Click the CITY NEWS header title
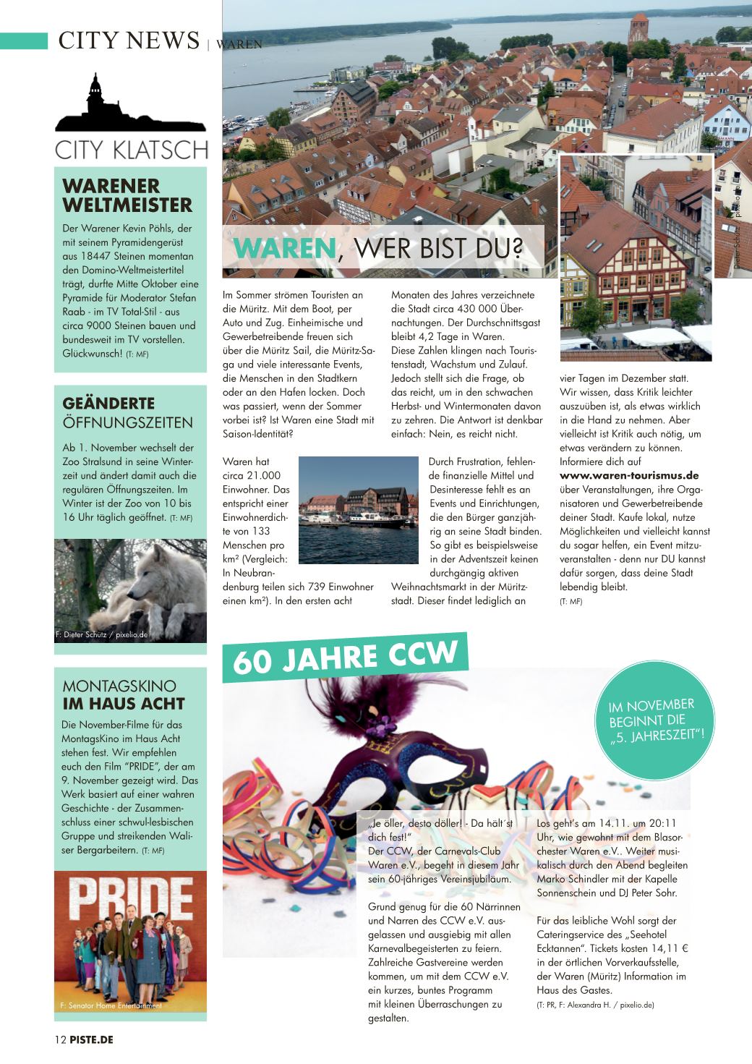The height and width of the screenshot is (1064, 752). click(129, 40)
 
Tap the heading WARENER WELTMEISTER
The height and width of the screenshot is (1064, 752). click(127, 195)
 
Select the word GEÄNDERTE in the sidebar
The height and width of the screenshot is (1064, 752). click(109, 404)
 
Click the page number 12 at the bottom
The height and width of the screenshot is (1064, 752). click(59, 1039)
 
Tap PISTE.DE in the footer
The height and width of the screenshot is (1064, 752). click(91, 1039)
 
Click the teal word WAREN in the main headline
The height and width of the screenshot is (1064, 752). click(284, 248)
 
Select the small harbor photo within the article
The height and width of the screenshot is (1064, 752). click(359, 510)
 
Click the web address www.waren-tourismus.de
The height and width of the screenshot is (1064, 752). click(629, 475)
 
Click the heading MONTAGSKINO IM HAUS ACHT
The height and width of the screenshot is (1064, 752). click(124, 694)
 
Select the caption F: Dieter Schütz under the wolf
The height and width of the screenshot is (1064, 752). click(101, 635)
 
